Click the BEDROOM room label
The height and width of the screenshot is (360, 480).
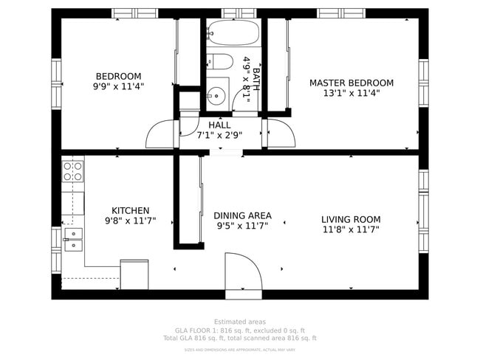point(118,76)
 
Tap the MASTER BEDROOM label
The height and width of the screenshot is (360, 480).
point(351,83)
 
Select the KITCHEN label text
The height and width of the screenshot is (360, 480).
point(130,210)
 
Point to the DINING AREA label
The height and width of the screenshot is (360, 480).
point(242,215)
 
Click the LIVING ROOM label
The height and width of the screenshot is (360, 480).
point(351,219)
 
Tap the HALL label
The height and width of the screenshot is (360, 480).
point(219,125)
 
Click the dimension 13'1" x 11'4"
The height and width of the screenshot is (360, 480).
point(351,93)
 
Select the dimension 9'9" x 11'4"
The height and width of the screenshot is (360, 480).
point(118,86)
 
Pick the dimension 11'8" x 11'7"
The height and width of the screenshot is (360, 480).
point(351,229)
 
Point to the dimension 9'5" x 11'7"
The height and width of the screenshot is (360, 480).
point(242,226)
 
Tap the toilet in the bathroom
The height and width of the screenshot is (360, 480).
point(220,62)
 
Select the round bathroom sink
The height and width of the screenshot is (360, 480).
point(216,94)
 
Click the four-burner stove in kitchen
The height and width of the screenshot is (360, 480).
point(73,172)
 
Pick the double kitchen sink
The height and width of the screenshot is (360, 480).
point(73,238)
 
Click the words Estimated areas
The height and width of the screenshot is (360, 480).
point(239,322)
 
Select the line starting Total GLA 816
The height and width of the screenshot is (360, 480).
point(239,339)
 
